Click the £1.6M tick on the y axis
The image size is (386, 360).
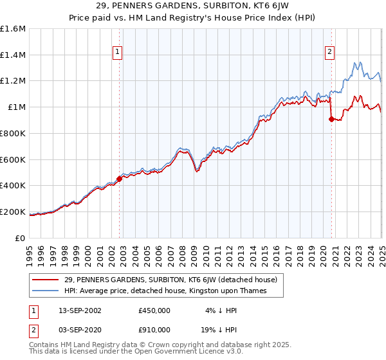(x=13, y=29)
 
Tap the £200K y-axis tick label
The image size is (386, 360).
(x=13, y=212)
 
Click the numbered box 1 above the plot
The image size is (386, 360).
(x=118, y=53)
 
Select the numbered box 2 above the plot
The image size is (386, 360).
(x=329, y=53)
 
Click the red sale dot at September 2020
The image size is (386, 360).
(x=331, y=119)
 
